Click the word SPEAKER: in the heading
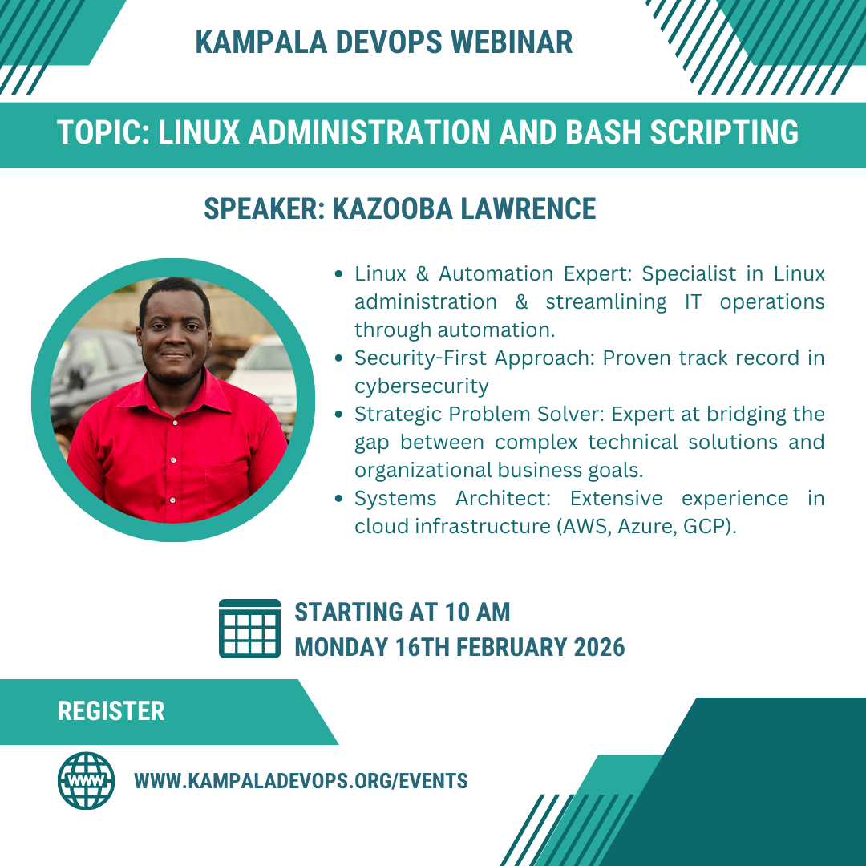tap(265, 209)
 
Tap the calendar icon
tap(249, 629)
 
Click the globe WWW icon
tap(87, 780)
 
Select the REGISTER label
tap(111, 711)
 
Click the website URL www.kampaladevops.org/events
tap(301, 781)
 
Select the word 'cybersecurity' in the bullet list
tap(421, 386)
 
